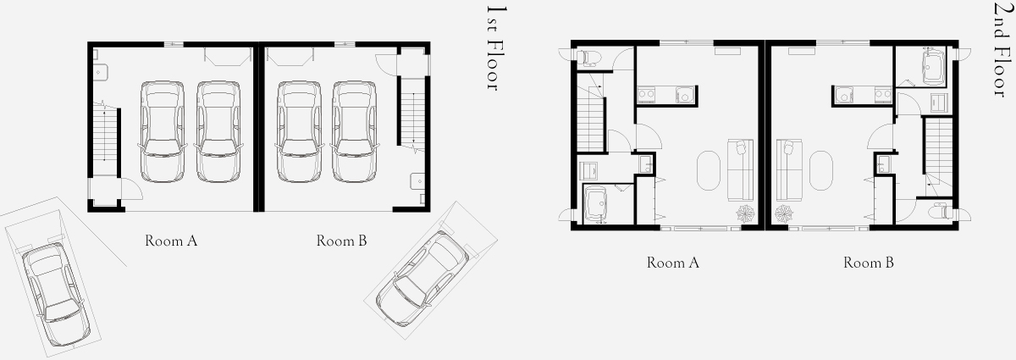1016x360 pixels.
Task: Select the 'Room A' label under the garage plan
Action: [x=171, y=241]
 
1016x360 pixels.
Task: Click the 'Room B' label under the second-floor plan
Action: [x=869, y=263]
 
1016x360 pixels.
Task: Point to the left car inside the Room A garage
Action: [x=163, y=131]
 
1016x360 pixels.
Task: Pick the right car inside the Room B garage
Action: [x=354, y=131]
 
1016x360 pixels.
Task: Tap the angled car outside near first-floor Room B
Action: [x=422, y=279]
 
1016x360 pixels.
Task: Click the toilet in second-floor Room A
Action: [x=588, y=58]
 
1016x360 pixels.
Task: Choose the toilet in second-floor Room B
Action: [x=940, y=212]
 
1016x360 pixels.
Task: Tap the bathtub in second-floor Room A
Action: [x=595, y=205]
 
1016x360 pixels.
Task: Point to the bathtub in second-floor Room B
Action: [x=933, y=67]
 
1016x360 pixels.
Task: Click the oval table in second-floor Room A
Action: [x=708, y=171]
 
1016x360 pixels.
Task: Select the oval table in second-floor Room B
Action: [x=821, y=171]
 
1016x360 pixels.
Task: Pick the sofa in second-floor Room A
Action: [x=740, y=169]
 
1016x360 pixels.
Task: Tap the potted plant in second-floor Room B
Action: [x=783, y=213]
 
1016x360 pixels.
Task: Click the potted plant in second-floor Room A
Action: [x=745, y=213]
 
